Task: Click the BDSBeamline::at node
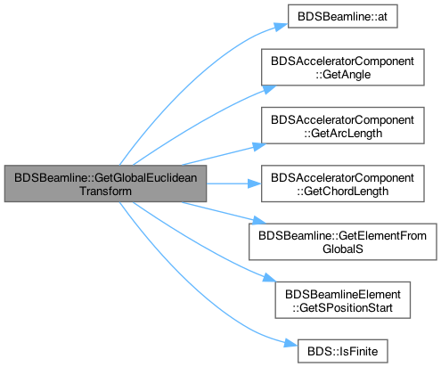342,16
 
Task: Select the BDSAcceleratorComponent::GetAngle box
343,68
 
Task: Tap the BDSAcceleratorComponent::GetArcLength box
343,126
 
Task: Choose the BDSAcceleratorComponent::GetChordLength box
343,183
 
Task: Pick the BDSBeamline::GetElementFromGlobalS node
343,242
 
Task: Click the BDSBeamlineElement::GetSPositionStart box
343,300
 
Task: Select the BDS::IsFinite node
343,351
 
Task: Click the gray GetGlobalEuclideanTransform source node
105,183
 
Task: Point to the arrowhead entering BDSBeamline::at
281,27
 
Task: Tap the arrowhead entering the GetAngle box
269,89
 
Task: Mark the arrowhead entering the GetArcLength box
259,146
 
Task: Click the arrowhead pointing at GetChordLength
255,183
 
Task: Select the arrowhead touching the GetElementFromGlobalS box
259,221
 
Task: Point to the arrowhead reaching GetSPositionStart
269,278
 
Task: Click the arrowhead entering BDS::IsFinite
290,343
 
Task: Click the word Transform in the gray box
105,191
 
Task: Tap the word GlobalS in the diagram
343,249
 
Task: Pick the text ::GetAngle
343,75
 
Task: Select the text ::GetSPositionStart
343,307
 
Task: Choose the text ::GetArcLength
343,133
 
